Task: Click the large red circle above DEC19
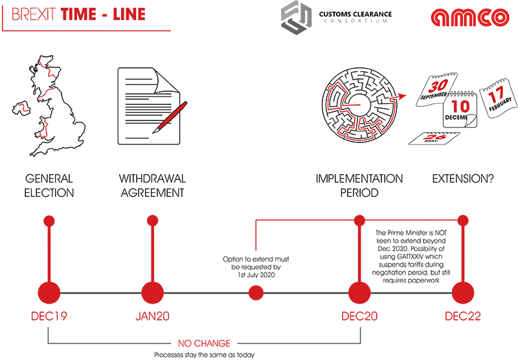coord(49,293)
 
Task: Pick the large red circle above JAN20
coord(152,293)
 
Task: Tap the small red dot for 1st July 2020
coord(256,293)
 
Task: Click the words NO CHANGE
coord(204,343)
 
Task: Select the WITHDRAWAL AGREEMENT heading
coord(152,185)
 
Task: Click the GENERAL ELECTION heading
coord(49,185)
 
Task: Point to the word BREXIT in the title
coord(34,14)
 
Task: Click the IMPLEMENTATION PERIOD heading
coord(359,185)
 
